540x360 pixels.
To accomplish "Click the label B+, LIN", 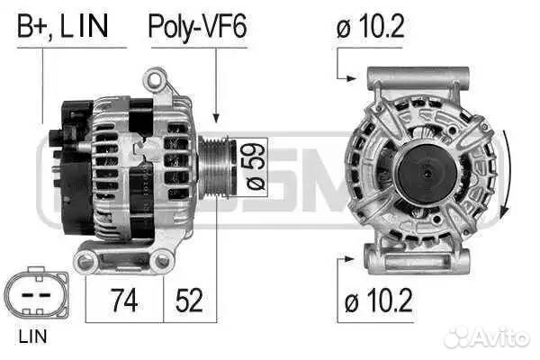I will coord(62,26).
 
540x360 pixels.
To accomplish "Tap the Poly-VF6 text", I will coord(196,26).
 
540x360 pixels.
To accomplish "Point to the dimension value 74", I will coord(124,301).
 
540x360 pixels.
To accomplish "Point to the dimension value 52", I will coord(189,301).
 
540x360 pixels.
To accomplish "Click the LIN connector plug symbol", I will coord(35,295).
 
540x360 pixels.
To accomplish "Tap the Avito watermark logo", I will coord(486,337).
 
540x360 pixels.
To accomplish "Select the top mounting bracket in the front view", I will coord(417,76).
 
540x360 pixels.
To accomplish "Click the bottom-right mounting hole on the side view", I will coord(162,261).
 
